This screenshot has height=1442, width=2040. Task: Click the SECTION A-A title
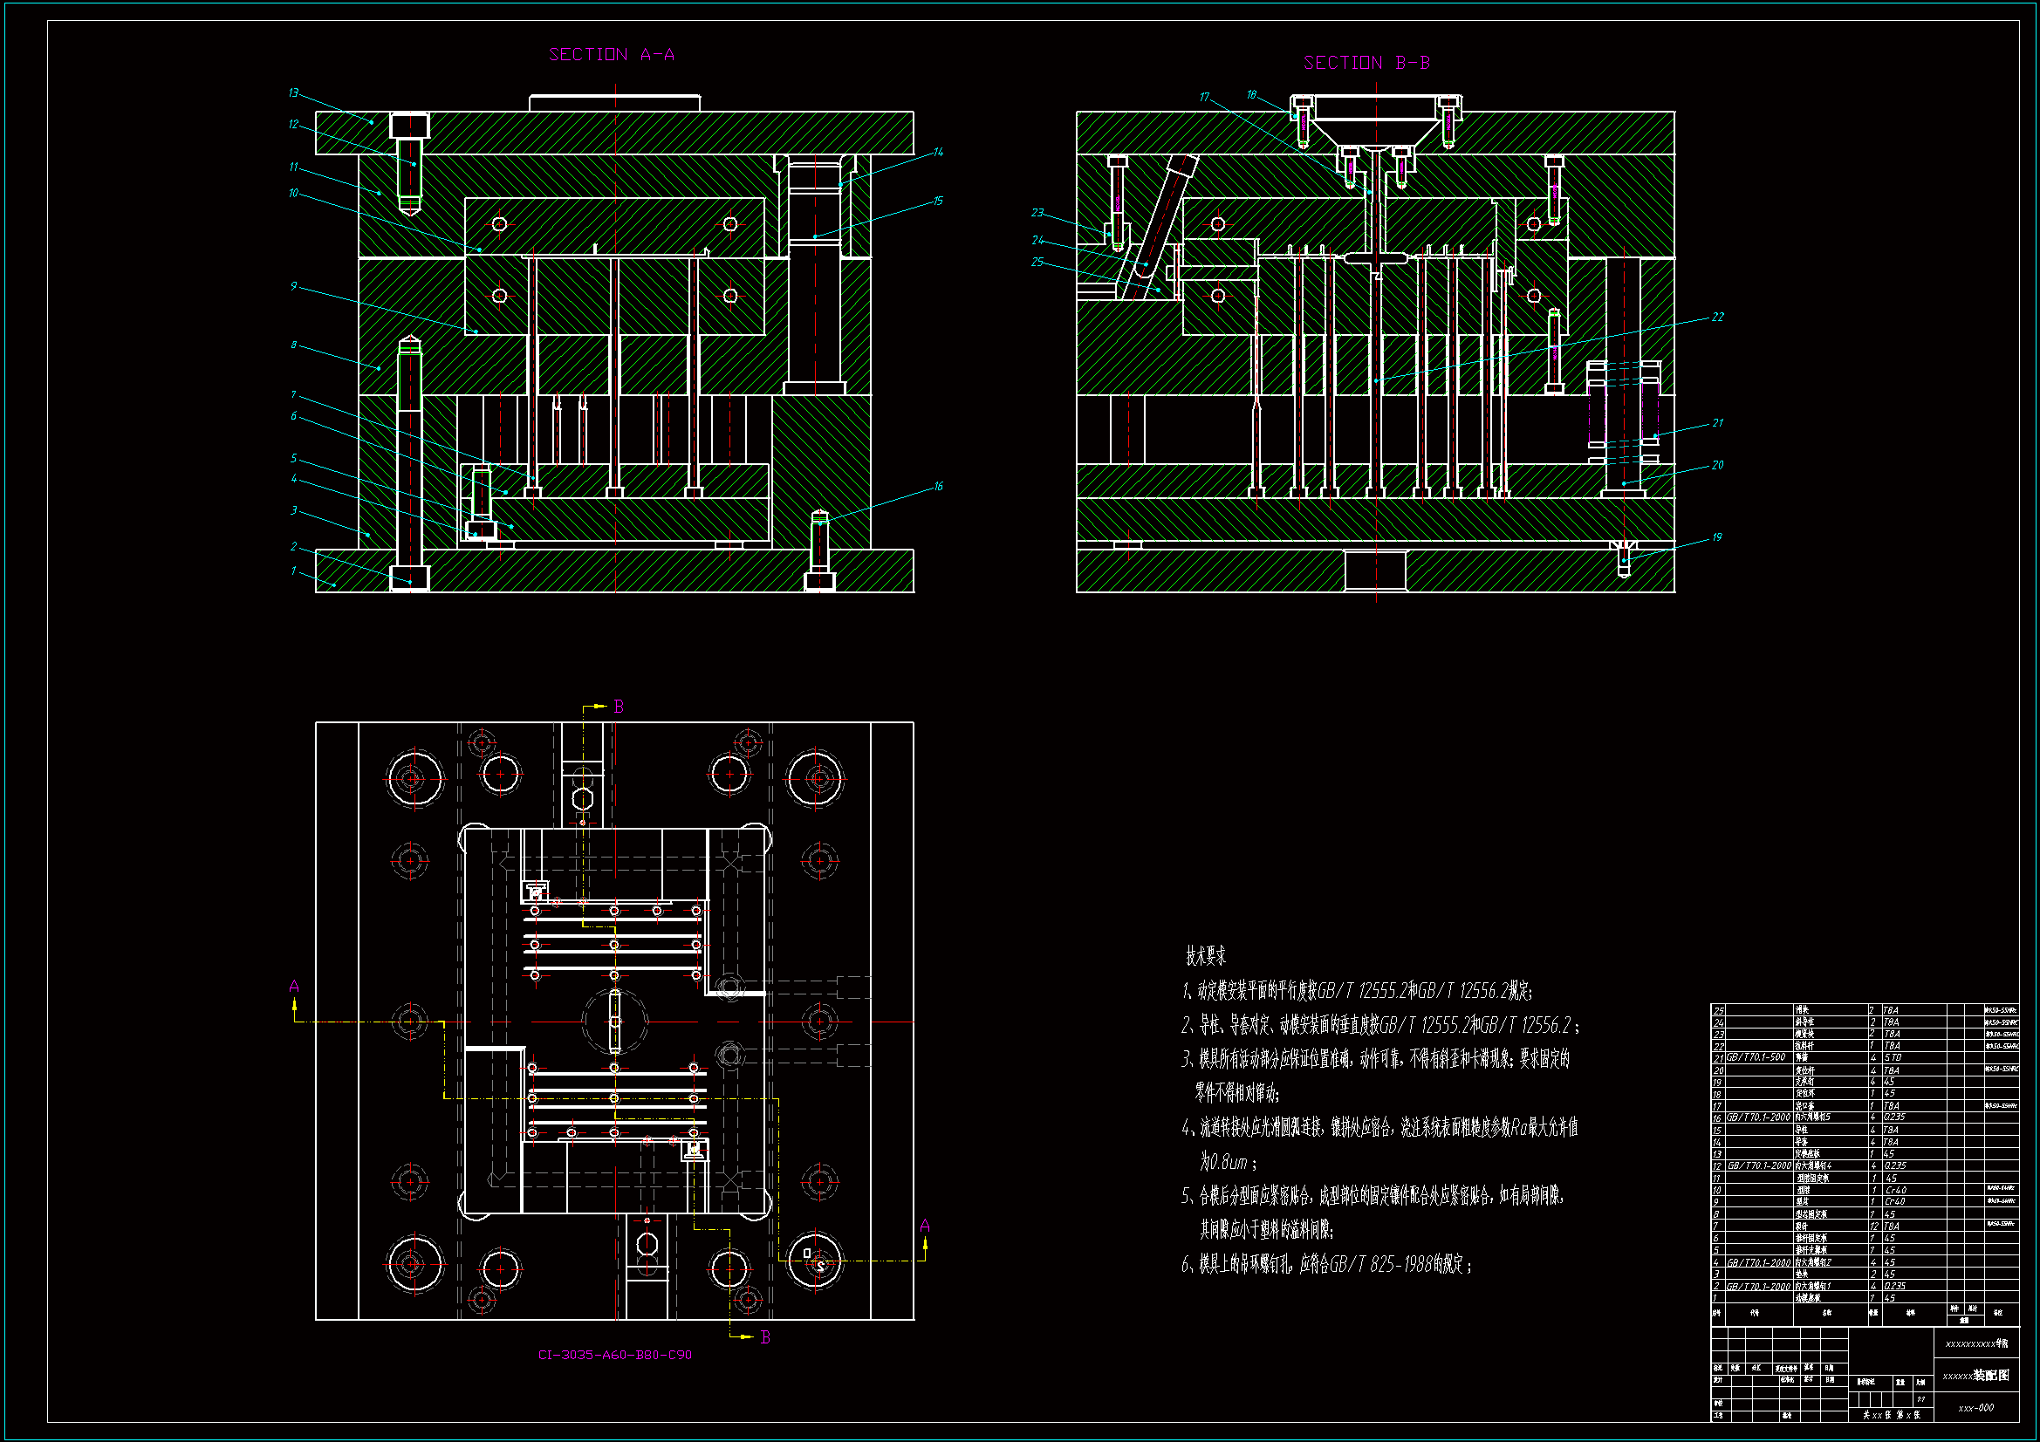pos(612,55)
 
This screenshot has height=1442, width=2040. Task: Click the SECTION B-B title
pos(1366,63)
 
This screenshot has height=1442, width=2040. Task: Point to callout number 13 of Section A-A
pos(293,93)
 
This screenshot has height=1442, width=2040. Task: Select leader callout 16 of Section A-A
pos(938,487)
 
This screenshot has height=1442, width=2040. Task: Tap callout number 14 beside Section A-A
pos(938,153)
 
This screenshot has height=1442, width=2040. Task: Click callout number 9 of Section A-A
pos(293,286)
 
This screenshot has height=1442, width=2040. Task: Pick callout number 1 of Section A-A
pos(293,571)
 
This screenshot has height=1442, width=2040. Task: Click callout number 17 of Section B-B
pos(1204,97)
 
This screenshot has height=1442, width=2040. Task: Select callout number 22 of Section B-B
pos(1717,318)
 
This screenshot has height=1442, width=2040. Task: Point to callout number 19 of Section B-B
pos(1716,537)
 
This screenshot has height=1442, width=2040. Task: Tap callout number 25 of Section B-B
pos(1037,262)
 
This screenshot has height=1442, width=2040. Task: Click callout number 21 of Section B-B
pos(1717,423)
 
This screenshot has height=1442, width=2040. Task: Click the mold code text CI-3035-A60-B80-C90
pos(615,1355)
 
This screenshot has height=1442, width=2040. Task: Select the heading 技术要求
pos(1206,956)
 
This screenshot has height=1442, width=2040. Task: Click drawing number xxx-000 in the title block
pos(1976,1407)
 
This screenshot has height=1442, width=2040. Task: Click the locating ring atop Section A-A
pos(615,103)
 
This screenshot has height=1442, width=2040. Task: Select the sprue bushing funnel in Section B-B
pos(1375,125)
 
